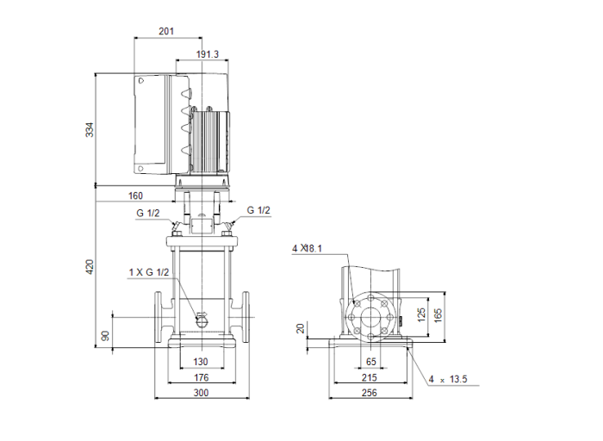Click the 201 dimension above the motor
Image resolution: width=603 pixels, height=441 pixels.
(167, 31)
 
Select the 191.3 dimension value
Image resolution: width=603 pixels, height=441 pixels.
(207, 53)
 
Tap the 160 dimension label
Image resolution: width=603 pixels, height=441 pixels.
(137, 195)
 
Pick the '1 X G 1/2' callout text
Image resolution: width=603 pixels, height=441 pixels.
(149, 273)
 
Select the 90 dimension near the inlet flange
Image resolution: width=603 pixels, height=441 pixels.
(106, 334)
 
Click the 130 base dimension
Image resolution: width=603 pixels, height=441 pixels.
(201, 362)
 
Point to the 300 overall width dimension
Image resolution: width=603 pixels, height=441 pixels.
(201, 393)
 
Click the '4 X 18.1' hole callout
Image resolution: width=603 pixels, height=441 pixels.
(307, 249)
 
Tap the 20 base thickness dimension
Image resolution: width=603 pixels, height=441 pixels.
(300, 328)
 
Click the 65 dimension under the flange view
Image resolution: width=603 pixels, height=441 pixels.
(371, 362)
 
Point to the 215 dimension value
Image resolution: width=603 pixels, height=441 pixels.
(370, 377)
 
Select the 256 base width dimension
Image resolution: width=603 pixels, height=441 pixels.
(370, 393)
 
